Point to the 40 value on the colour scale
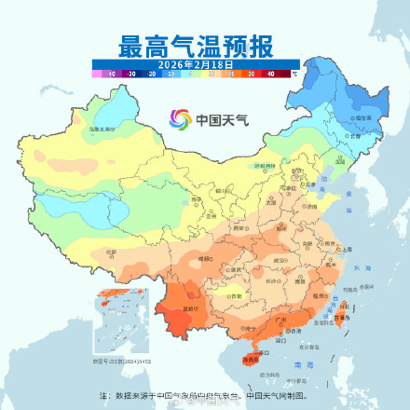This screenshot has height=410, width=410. (x=271, y=72)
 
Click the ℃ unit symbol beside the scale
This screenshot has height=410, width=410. (x=294, y=72)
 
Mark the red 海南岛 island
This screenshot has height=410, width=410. (x=250, y=360)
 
